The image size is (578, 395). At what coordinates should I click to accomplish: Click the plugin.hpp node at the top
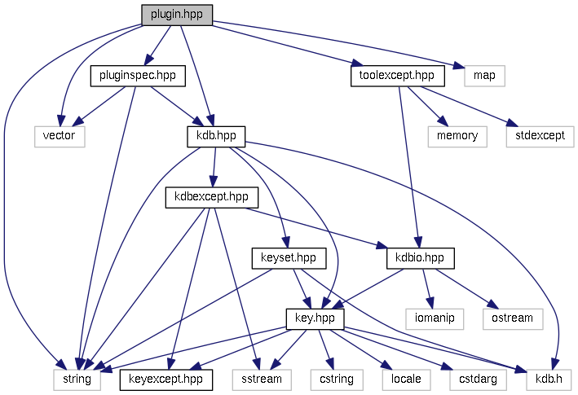pyautogui.click(x=177, y=15)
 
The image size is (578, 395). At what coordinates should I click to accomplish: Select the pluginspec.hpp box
pyautogui.click(x=138, y=77)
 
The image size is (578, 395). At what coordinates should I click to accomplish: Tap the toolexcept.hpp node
pyautogui.click(x=397, y=77)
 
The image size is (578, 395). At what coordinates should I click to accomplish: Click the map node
pyautogui.click(x=484, y=77)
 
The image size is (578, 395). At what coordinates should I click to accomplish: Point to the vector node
pyautogui.click(x=60, y=136)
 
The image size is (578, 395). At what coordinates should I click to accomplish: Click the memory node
pyautogui.click(x=457, y=136)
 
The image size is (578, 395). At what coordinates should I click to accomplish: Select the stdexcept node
pyautogui.click(x=535, y=136)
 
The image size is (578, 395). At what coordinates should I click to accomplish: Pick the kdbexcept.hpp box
pyautogui.click(x=212, y=197)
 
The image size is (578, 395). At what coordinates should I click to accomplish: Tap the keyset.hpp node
pyautogui.click(x=289, y=258)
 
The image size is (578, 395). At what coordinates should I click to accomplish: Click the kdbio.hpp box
pyautogui.click(x=420, y=258)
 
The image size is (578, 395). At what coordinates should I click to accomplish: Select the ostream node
pyautogui.click(x=513, y=318)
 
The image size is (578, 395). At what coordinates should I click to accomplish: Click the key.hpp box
pyautogui.click(x=315, y=318)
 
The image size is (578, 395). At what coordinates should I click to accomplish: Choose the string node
pyautogui.click(x=77, y=379)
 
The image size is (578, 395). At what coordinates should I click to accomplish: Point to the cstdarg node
pyautogui.click(x=472, y=379)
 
